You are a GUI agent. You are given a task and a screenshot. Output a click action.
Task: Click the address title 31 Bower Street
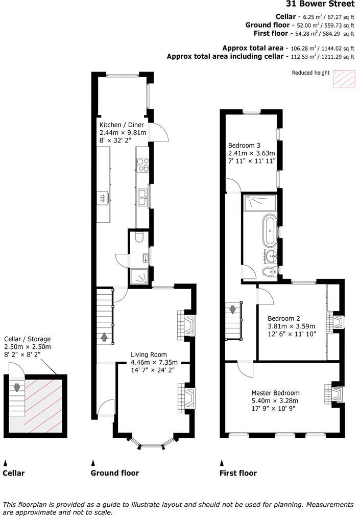pos(320,4)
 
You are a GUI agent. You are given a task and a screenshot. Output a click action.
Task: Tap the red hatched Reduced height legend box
pos(343,79)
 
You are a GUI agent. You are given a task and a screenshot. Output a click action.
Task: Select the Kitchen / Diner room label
pos(122,125)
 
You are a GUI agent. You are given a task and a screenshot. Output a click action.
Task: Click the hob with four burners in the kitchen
pos(142,164)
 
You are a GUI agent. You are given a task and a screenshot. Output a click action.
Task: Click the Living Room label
pos(149,355)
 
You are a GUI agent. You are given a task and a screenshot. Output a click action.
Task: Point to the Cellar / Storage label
pos(28,339)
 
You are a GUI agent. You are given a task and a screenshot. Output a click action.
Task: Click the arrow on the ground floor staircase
pos(105,337)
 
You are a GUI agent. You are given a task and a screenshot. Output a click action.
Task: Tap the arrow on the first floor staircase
pos(233,310)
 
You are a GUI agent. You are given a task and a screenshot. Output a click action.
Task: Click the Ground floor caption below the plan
pos(114,473)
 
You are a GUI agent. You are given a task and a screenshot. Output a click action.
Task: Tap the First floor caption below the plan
pos(238,473)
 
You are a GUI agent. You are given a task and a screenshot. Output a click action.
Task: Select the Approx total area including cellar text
pos(225,57)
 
